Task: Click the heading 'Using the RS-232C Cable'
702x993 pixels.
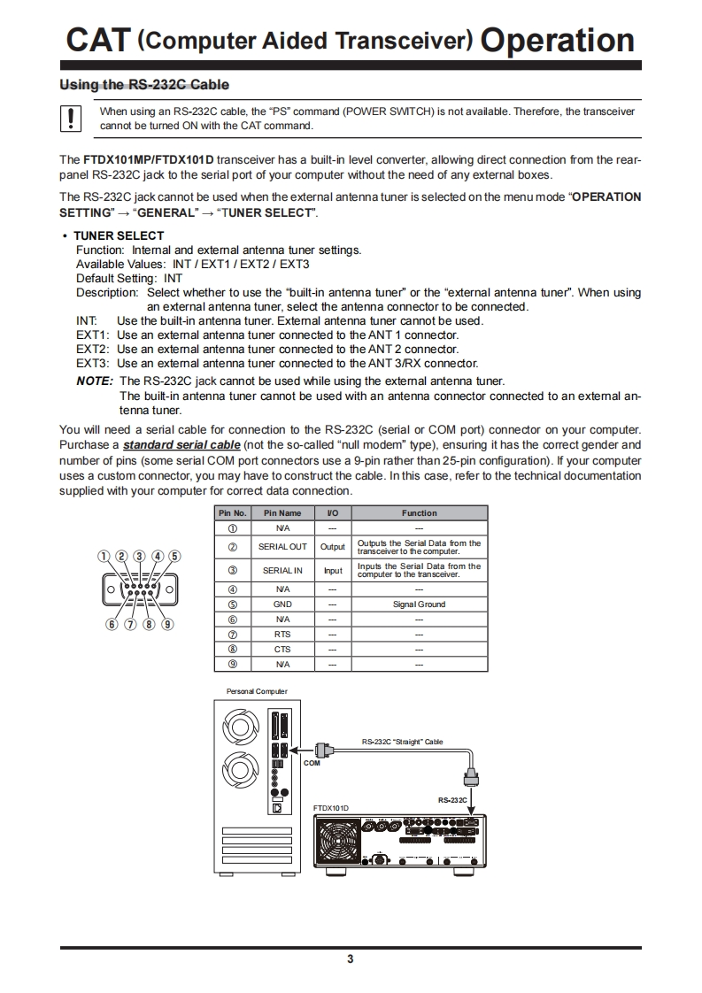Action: [x=143, y=85]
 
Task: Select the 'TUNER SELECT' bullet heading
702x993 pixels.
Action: [x=119, y=235]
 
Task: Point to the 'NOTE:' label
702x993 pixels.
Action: [x=95, y=381]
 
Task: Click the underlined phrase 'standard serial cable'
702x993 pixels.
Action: [x=181, y=444]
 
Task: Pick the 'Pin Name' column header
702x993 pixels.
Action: [x=282, y=513]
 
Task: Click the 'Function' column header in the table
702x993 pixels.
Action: [x=419, y=513]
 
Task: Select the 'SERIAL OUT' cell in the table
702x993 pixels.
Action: [x=282, y=547]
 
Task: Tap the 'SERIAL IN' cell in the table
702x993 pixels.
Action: [x=282, y=571]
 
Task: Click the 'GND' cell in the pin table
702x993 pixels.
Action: [x=282, y=604]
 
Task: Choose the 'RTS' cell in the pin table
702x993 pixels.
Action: [x=282, y=635]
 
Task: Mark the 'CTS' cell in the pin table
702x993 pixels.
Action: [x=282, y=650]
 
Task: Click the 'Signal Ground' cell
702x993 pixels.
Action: [x=419, y=604]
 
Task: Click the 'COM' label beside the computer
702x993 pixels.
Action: [x=312, y=763]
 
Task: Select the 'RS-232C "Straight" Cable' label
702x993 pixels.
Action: [x=402, y=742]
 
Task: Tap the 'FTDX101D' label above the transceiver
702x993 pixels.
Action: [x=331, y=808]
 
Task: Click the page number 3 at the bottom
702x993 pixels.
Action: [x=351, y=959]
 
